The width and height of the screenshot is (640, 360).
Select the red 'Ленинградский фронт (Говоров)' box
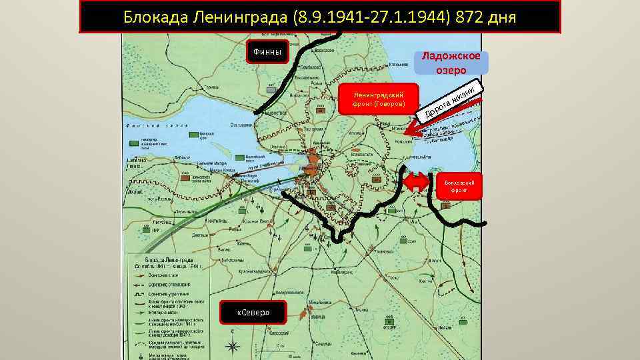(x=379, y=100)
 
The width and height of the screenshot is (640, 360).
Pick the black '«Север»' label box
(x=252, y=313)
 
